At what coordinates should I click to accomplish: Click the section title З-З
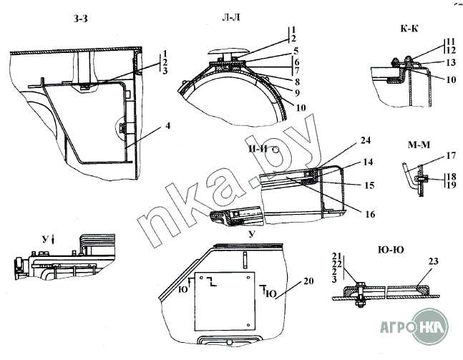(80, 19)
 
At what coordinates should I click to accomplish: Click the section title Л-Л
(231, 18)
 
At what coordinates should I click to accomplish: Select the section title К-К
(409, 29)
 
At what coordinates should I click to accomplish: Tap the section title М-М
(419, 145)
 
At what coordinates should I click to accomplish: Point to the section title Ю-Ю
(391, 250)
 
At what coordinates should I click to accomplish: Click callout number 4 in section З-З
(167, 126)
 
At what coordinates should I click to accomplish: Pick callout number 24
(365, 140)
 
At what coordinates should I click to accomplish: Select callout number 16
(370, 214)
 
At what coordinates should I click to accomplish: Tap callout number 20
(308, 281)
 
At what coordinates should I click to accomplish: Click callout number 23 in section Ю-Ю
(434, 261)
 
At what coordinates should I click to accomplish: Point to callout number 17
(451, 155)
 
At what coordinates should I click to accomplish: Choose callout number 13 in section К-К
(451, 62)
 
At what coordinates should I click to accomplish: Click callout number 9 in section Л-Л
(297, 93)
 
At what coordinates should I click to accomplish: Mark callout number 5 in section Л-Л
(296, 51)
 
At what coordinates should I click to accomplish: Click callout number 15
(369, 185)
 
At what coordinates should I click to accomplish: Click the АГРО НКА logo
(414, 326)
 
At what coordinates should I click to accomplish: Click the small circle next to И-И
(276, 150)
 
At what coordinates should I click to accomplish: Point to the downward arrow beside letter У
(53, 240)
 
